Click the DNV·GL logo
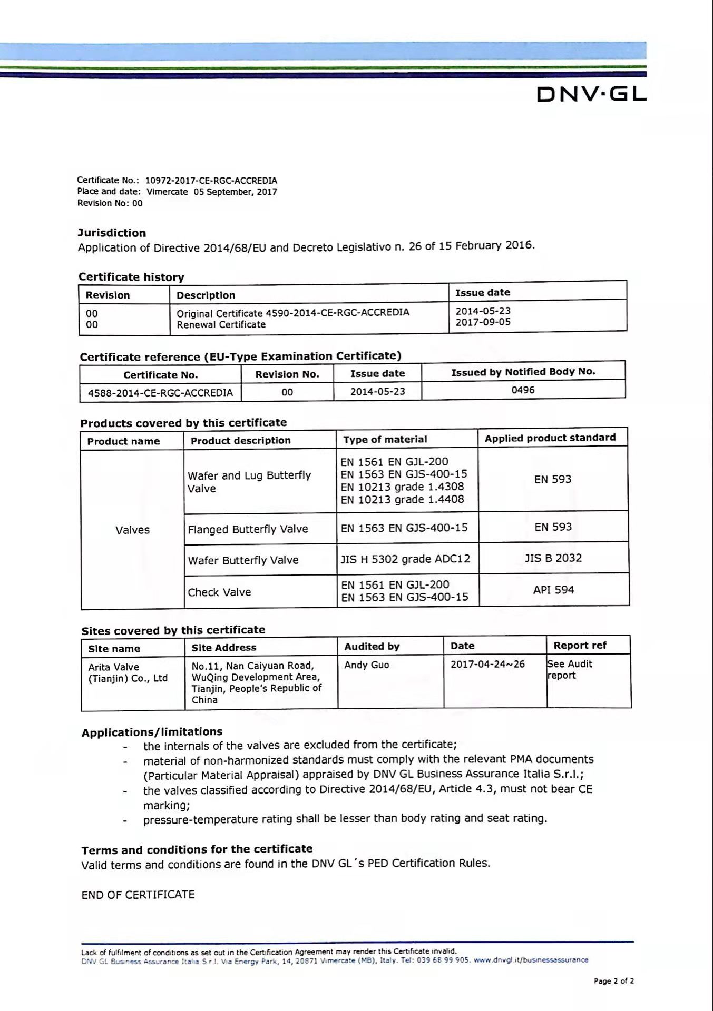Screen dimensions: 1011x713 (x=591, y=94)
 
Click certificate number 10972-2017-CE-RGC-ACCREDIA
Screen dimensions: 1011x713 (x=211, y=181)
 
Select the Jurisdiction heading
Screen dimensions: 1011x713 (x=112, y=233)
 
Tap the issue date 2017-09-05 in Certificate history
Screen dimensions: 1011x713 (x=483, y=322)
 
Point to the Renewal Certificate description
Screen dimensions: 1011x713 (x=221, y=325)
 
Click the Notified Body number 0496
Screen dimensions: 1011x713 (x=523, y=390)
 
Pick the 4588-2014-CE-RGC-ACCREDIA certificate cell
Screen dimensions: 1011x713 (x=160, y=393)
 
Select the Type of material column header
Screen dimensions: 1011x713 (x=385, y=440)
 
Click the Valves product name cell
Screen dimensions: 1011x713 (x=132, y=530)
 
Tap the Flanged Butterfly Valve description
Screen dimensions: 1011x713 (x=248, y=529)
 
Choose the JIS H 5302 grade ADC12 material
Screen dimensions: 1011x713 (x=405, y=559)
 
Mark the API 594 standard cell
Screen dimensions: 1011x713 (x=553, y=590)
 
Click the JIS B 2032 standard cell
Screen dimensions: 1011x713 (x=553, y=558)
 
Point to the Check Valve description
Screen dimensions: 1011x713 (x=219, y=592)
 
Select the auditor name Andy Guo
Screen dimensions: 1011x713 (x=366, y=665)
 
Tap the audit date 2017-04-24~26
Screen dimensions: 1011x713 (x=487, y=664)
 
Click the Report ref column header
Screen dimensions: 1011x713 (x=580, y=646)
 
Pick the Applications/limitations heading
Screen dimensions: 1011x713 (x=152, y=732)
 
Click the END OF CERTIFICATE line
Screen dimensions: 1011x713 (x=138, y=895)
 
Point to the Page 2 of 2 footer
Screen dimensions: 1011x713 (x=613, y=981)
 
